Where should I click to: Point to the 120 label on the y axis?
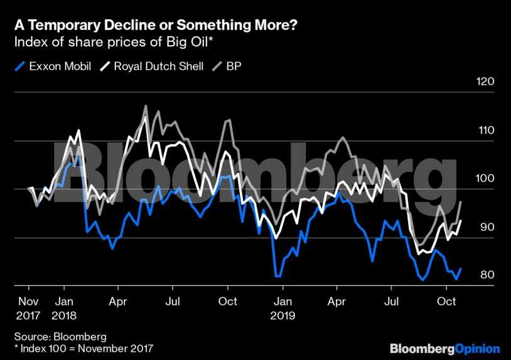pos(487,82)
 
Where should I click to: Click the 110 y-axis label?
pos(487,130)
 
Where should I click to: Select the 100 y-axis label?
pos(487,179)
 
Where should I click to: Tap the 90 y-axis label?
pos(487,227)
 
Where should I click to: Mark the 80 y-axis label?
pos(487,275)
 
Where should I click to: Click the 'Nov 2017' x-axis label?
pos(28,307)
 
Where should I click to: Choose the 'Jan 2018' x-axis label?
pos(64,307)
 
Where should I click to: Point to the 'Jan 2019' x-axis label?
pos(282,307)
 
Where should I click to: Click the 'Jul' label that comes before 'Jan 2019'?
pos(173,301)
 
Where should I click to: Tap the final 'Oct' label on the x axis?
pos(446,301)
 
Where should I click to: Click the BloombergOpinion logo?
pos(444,348)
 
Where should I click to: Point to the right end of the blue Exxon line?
pos(461,268)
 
